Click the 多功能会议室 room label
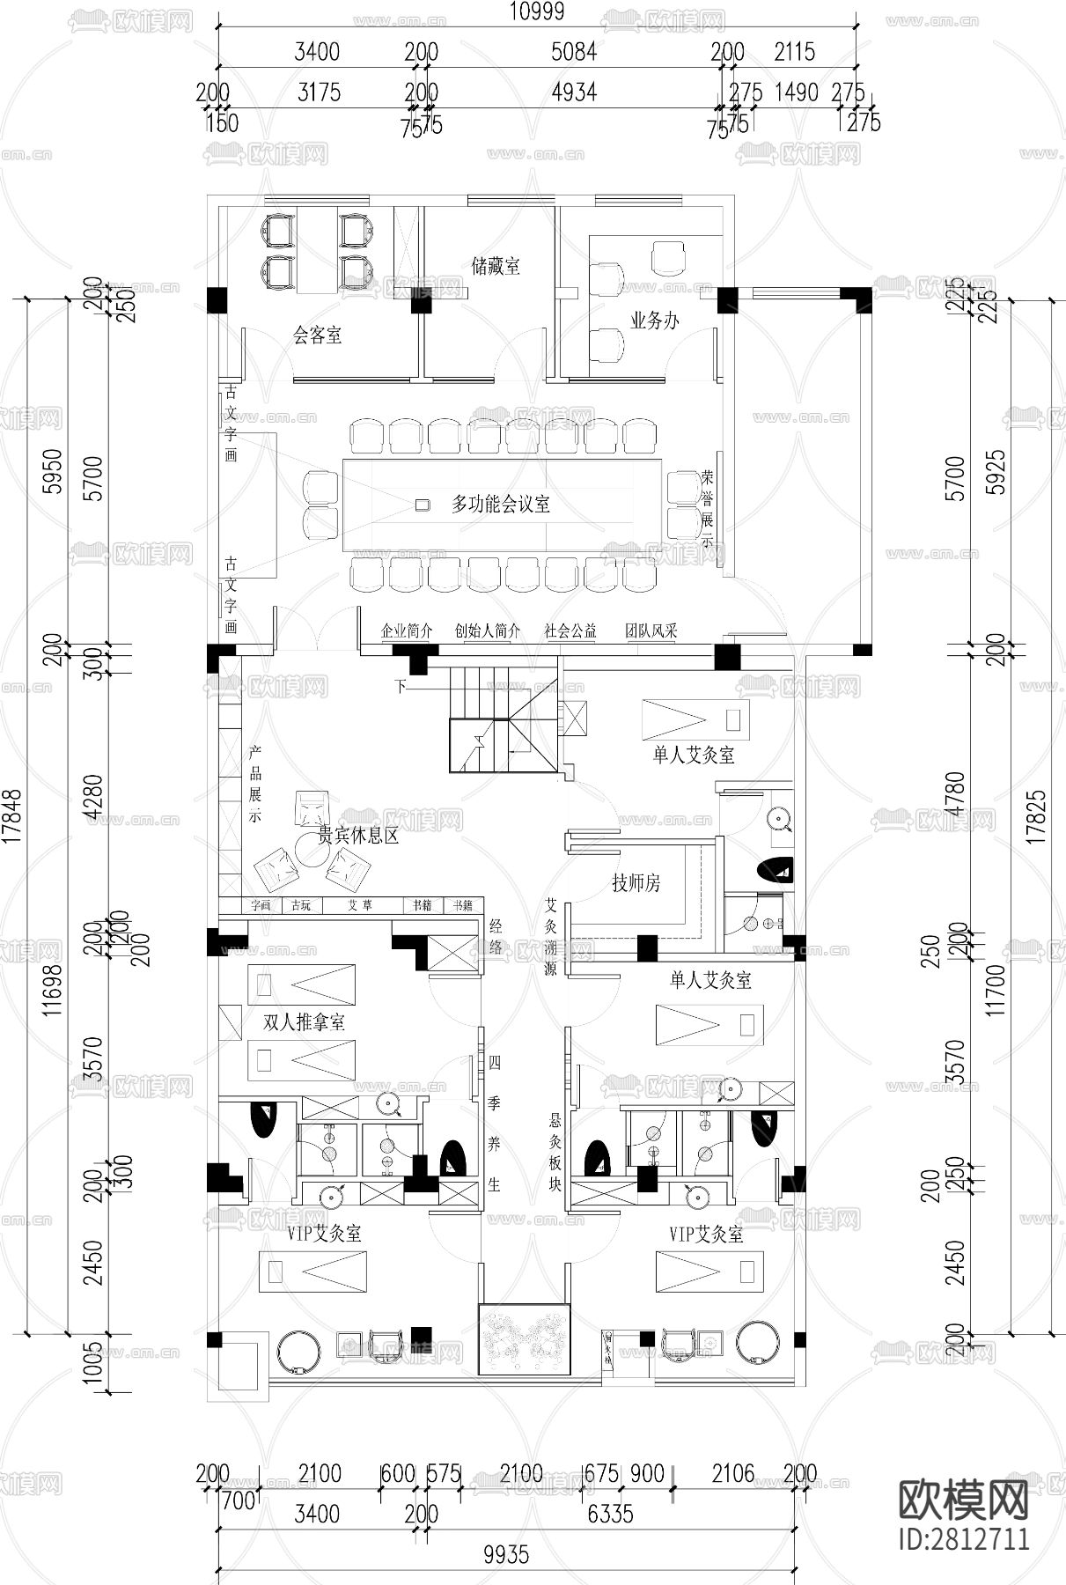(x=501, y=504)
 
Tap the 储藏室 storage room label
(x=496, y=266)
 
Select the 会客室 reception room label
(x=317, y=335)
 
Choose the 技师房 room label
(x=636, y=882)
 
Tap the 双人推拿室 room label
(x=304, y=1021)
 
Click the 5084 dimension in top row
(x=573, y=51)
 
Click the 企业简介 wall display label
(x=407, y=630)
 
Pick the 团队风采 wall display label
(x=651, y=630)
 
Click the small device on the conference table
(x=423, y=505)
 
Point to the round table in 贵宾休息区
(x=311, y=850)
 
